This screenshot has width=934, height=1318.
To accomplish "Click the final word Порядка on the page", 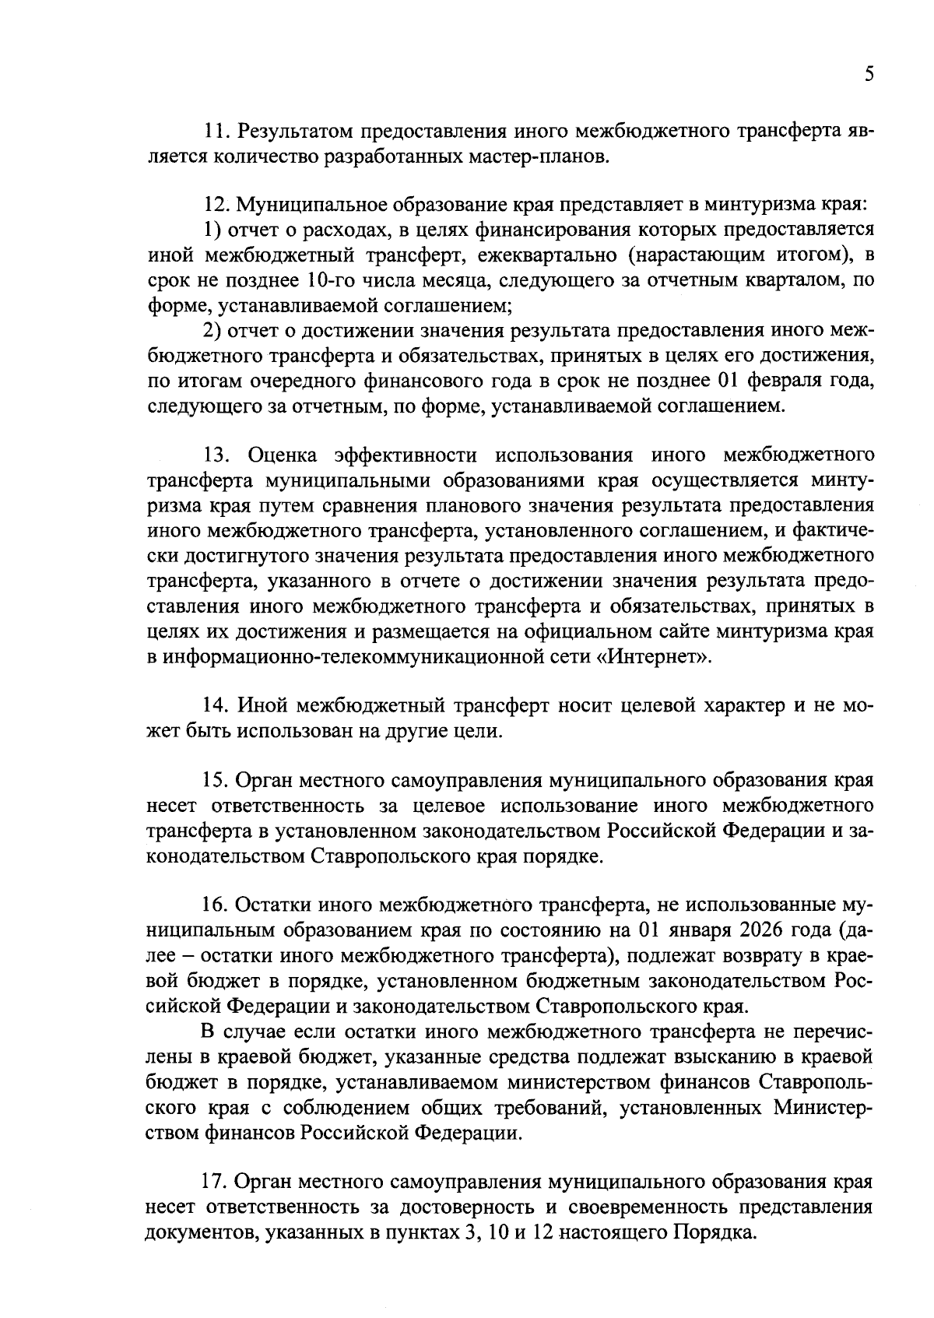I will [x=715, y=1232].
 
